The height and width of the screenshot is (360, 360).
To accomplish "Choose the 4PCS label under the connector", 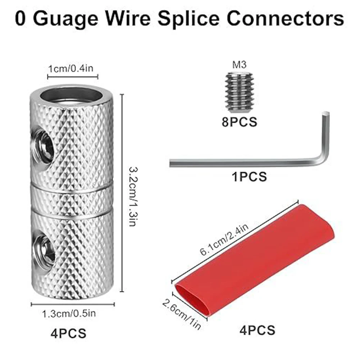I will tap(68, 333).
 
